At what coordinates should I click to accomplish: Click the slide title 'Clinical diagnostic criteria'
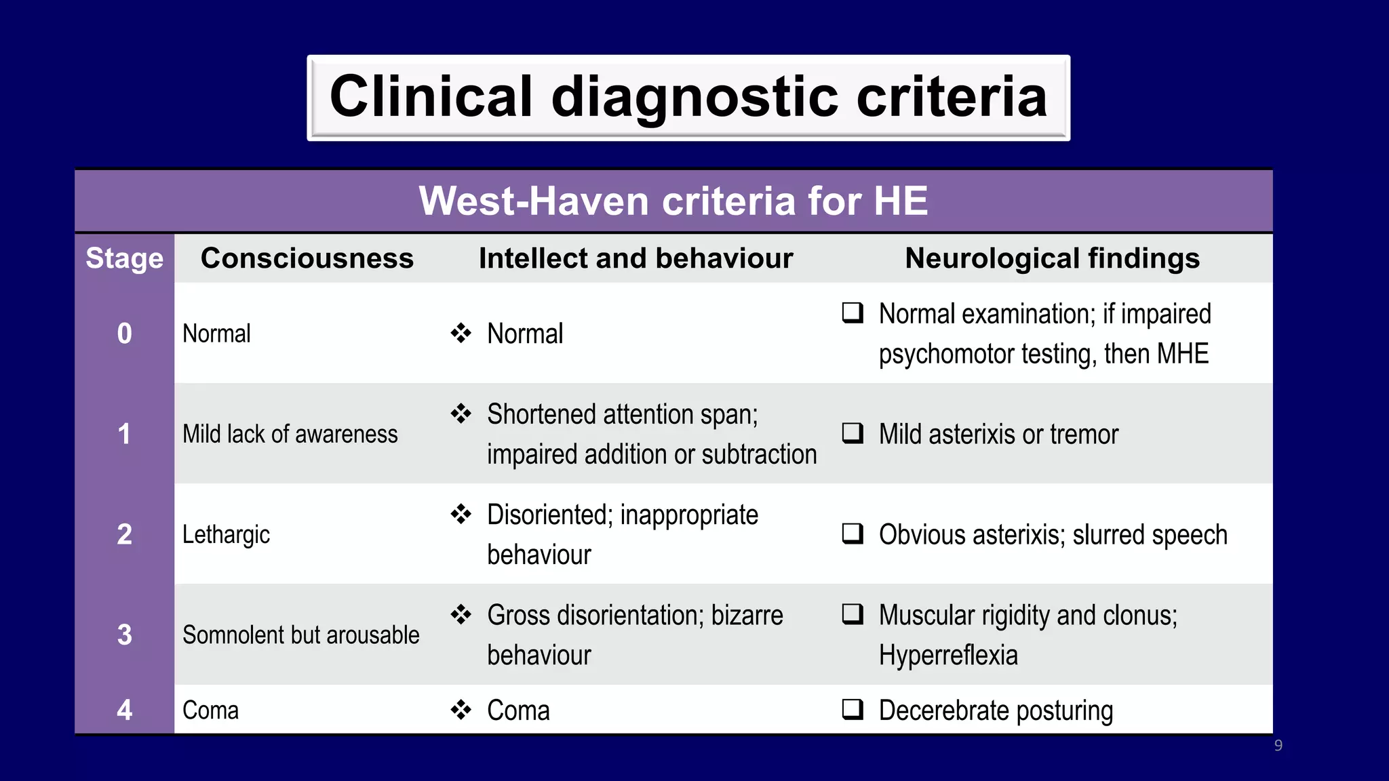688,97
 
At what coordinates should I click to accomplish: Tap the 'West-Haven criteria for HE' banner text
673,201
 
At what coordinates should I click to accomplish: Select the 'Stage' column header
124,258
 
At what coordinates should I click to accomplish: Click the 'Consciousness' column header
307,258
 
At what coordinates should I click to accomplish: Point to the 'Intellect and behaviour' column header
635,258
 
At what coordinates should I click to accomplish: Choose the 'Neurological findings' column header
1052,258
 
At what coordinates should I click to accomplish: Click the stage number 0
124,334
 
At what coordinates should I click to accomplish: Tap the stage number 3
124,635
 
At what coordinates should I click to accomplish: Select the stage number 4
124,710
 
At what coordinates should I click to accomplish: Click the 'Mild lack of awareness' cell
290,434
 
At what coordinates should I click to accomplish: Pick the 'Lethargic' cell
226,534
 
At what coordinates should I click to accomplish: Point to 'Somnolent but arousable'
300,635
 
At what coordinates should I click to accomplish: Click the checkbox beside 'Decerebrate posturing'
853,709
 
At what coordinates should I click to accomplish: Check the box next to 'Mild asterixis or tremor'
853,433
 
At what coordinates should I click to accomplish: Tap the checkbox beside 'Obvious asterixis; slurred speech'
853,534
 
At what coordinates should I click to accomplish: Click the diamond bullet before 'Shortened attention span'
461,414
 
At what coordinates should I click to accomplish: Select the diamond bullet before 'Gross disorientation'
461,614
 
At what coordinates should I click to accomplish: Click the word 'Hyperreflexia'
948,656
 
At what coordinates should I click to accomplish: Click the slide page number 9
1278,746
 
